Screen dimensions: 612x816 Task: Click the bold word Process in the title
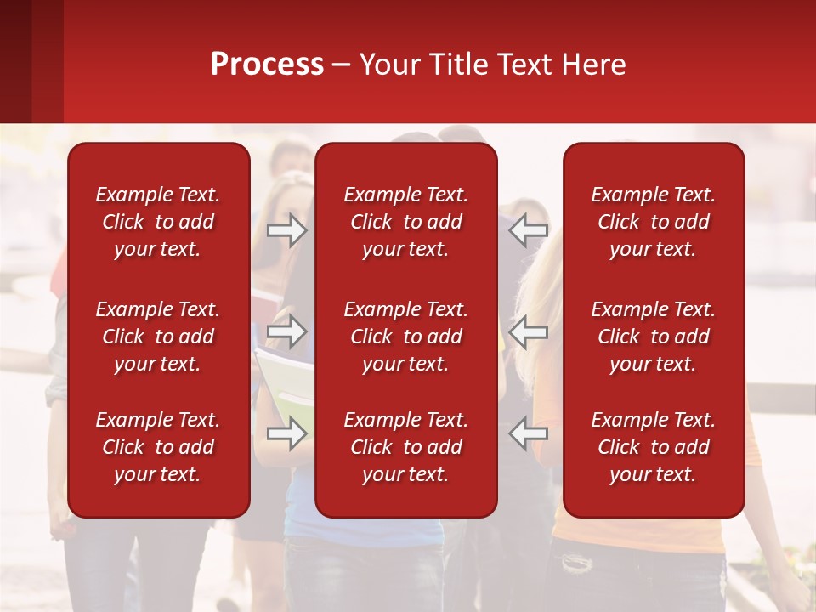[267, 65]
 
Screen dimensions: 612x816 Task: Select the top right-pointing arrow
[286, 229]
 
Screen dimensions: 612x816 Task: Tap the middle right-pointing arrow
[286, 331]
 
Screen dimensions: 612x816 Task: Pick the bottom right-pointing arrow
[286, 434]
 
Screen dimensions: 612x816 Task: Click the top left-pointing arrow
[529, 229]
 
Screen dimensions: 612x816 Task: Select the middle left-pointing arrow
[529, 331]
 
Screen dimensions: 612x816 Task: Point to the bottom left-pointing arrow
[529, 434]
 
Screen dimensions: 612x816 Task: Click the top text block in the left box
[158, 222]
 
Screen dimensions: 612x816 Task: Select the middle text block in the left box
[158, 337]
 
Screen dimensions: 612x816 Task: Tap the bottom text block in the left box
[158, 447]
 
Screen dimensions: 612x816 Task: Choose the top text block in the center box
[405, 222]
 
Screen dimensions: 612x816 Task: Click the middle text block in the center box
[405, 337]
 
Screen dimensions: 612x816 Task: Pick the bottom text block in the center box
[405, 447]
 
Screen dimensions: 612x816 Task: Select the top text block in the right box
[653, 222]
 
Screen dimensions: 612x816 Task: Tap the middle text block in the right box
[653, 337]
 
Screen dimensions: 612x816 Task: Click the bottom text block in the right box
[653, 447]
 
